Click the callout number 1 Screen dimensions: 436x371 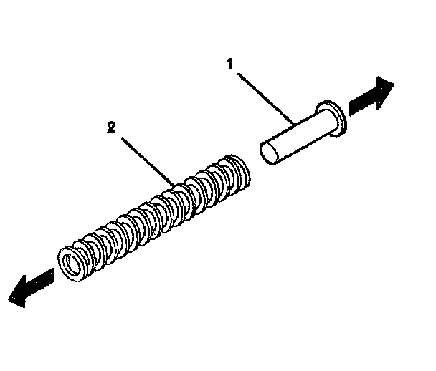coord(229,64)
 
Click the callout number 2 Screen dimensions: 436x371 coord(110,127)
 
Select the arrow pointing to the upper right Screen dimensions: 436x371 coord(369,97)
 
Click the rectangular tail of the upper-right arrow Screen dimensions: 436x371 coord(357,104)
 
